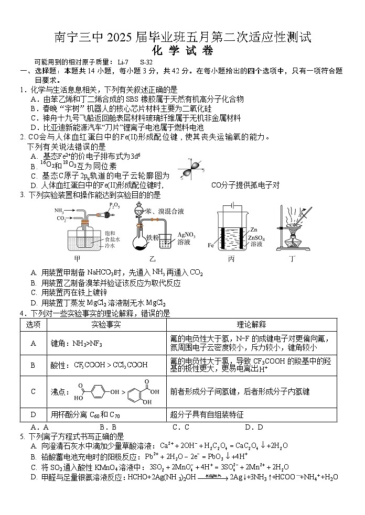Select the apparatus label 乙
[x=153, y=258]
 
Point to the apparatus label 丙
[x=231, y=258]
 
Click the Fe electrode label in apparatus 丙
[x=211, y=245]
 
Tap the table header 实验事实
[x=106, y=324]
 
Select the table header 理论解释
[x=251, y=324]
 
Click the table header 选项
[x=34, y=324]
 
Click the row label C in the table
[x=34, y=391]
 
